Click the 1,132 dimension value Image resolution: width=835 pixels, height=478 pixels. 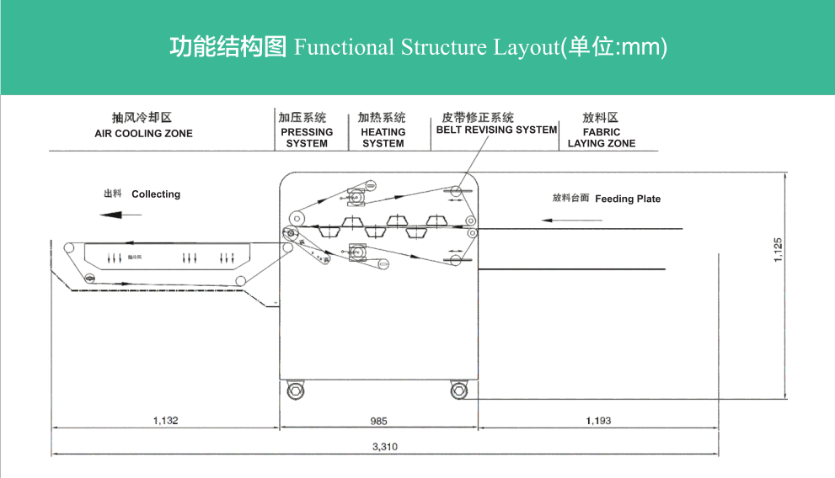tap(166, 420)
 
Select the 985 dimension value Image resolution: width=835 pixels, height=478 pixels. tap(379, 420)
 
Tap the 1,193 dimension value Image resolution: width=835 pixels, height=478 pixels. tap(598, 420)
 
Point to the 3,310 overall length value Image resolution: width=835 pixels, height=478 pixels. tap(384, 447)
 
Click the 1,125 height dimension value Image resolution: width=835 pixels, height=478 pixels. tap(778, 251)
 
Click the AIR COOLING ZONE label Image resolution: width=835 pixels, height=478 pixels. tap(143, 134)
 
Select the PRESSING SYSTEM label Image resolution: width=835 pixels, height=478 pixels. tap(307, 138)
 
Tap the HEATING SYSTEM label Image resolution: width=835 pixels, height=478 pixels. tap(383, 138)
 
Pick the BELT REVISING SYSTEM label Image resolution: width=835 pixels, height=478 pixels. tap(496, 130)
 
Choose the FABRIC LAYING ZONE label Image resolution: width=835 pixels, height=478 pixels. tap(601, 138)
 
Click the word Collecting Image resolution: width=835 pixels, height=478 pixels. tap(156, 194)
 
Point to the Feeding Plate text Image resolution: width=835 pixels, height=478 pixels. tap(628, 199)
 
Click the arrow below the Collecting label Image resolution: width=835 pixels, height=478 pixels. tap(120, 215)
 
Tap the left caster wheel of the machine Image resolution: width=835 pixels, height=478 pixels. tap(295, 390)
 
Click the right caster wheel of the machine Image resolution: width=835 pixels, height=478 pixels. tap(458, 390)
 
